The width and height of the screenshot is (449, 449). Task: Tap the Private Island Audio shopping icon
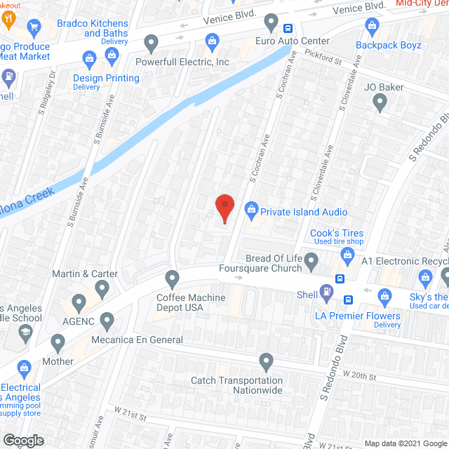251,208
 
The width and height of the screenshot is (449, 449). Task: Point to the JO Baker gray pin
380,103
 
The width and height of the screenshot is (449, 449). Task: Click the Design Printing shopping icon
89,58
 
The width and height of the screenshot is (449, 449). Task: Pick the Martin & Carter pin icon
102,288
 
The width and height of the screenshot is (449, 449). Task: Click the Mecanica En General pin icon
107,322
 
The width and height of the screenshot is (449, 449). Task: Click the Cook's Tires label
338,233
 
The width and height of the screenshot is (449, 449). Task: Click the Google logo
23,440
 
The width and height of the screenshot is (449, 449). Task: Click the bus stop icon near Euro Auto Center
288,29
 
